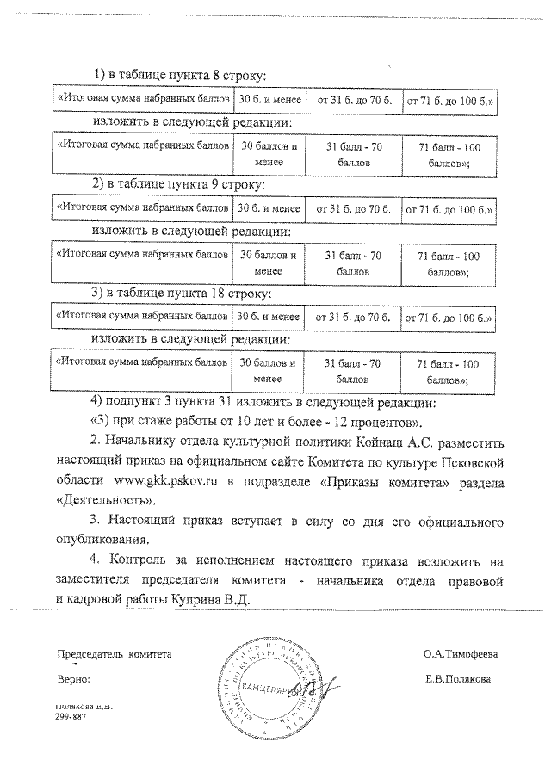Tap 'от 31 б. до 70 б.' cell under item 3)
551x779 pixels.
[354, 318]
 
